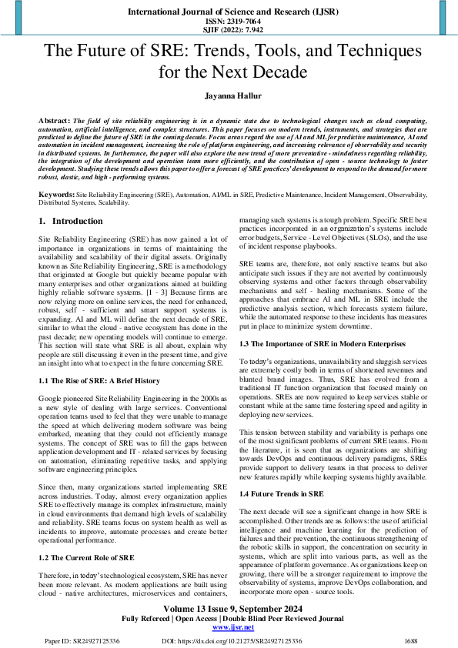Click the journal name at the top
[229, 12]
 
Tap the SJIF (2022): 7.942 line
[229, 31]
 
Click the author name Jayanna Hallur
[229, 98]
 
